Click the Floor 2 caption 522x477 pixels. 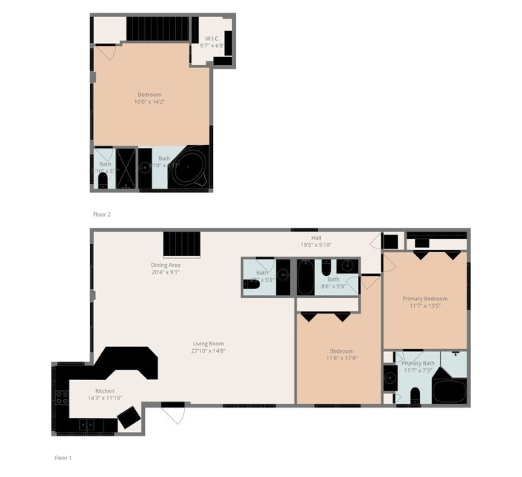101,214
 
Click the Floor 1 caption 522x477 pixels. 63,458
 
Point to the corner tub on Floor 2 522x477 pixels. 194,168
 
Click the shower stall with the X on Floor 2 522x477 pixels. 126,168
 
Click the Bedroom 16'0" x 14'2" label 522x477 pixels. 149,98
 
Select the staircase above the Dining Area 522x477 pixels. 181,243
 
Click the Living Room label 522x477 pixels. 209,347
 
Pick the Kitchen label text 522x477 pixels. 105,394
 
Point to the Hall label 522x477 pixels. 316,241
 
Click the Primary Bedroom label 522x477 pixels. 424,302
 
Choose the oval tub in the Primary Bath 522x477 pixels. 449,390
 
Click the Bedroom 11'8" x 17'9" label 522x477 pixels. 341,355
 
